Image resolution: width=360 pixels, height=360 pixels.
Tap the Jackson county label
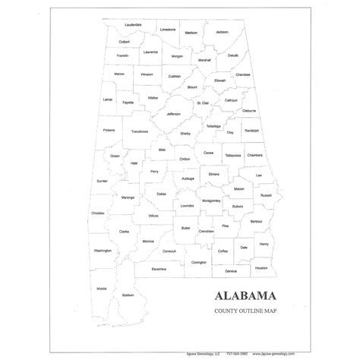(x=221, y=32)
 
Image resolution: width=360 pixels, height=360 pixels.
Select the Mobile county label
(x=102, y=289)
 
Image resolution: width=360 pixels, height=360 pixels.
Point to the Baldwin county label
(x=128, y=295)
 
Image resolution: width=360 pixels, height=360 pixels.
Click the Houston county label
(x=261, y=267)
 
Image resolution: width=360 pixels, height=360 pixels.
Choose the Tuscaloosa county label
(x=139, y=131)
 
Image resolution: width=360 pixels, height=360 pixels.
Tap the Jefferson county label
(x=174, y=114)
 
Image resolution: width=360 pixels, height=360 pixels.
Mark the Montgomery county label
(x=211, y=201)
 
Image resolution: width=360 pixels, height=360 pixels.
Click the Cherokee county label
(x=242, y=74)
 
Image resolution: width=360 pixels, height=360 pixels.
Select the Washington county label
(x=103, y=250)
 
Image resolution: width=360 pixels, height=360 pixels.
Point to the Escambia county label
(x=158, y=268)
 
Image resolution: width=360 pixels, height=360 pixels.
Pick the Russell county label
(x=266, y=195)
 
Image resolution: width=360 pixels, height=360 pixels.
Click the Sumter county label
(x=102, y=181)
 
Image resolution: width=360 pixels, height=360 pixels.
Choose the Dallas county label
(x=161, y=194)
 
